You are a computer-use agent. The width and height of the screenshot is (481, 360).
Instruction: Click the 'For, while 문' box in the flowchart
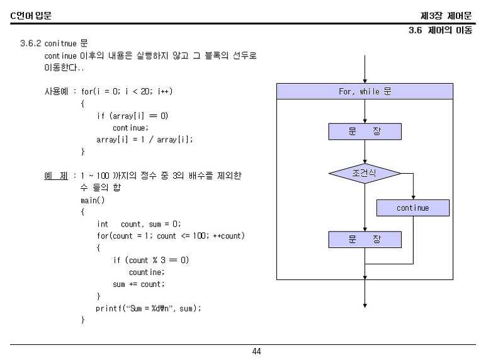(x=365, y=92)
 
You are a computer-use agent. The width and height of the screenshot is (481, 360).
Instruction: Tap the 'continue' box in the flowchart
(x=412, y=208)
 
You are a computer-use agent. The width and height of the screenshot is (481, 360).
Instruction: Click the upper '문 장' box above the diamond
(x=365, y=132)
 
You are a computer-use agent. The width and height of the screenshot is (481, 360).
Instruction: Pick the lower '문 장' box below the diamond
(x=365, y=240)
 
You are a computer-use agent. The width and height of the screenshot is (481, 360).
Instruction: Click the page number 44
(x=256, y=351)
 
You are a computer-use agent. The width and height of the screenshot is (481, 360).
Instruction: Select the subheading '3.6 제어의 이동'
(x=440, y=30)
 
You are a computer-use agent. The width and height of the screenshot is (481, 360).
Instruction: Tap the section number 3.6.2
(x=31, y=43)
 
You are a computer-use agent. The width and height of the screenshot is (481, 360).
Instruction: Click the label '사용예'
(x=55, y=92)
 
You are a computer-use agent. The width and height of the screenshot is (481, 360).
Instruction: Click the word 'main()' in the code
(x=93, y=200)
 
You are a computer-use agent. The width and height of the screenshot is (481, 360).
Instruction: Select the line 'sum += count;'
(x=139, y=284)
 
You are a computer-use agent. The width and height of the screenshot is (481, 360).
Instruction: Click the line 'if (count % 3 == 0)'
(x=151, y=260)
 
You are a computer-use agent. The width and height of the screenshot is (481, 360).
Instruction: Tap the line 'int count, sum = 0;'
(x=139, y=224)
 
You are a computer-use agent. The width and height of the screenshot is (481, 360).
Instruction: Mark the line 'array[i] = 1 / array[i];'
(x=144, y=140)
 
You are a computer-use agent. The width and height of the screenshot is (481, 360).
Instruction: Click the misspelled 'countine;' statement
(x=147, y=273)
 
